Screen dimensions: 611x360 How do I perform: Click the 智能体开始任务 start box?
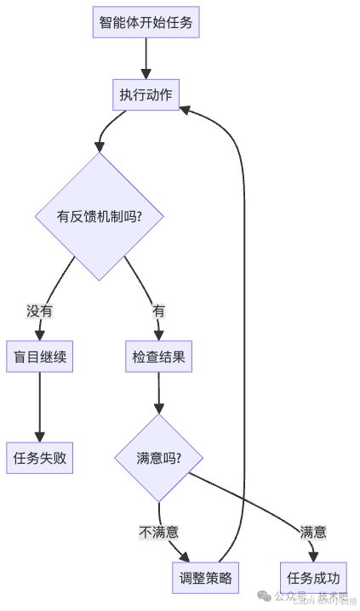coord(146,22)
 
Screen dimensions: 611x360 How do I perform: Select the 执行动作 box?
coord(146,94)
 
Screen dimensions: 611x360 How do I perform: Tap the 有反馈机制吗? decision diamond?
coord(100,216)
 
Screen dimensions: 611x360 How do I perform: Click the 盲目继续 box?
coord(39,357)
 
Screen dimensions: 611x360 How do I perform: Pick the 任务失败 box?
coord(39,458)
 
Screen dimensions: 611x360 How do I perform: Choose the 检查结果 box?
coord(158,357)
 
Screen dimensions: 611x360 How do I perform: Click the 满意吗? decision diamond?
coord(158,458)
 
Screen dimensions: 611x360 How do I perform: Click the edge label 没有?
coord(39,311)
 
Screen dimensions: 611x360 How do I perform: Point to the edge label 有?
coord(158,311)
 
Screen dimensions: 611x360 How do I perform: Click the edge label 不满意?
coord(159,532)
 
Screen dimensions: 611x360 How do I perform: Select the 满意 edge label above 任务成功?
coord(312,532)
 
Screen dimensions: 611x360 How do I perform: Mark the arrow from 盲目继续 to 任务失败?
coord(39,407)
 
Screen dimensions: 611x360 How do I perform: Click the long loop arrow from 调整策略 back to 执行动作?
coord(244,340)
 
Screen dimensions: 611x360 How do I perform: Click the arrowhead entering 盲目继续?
coord(39,335)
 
